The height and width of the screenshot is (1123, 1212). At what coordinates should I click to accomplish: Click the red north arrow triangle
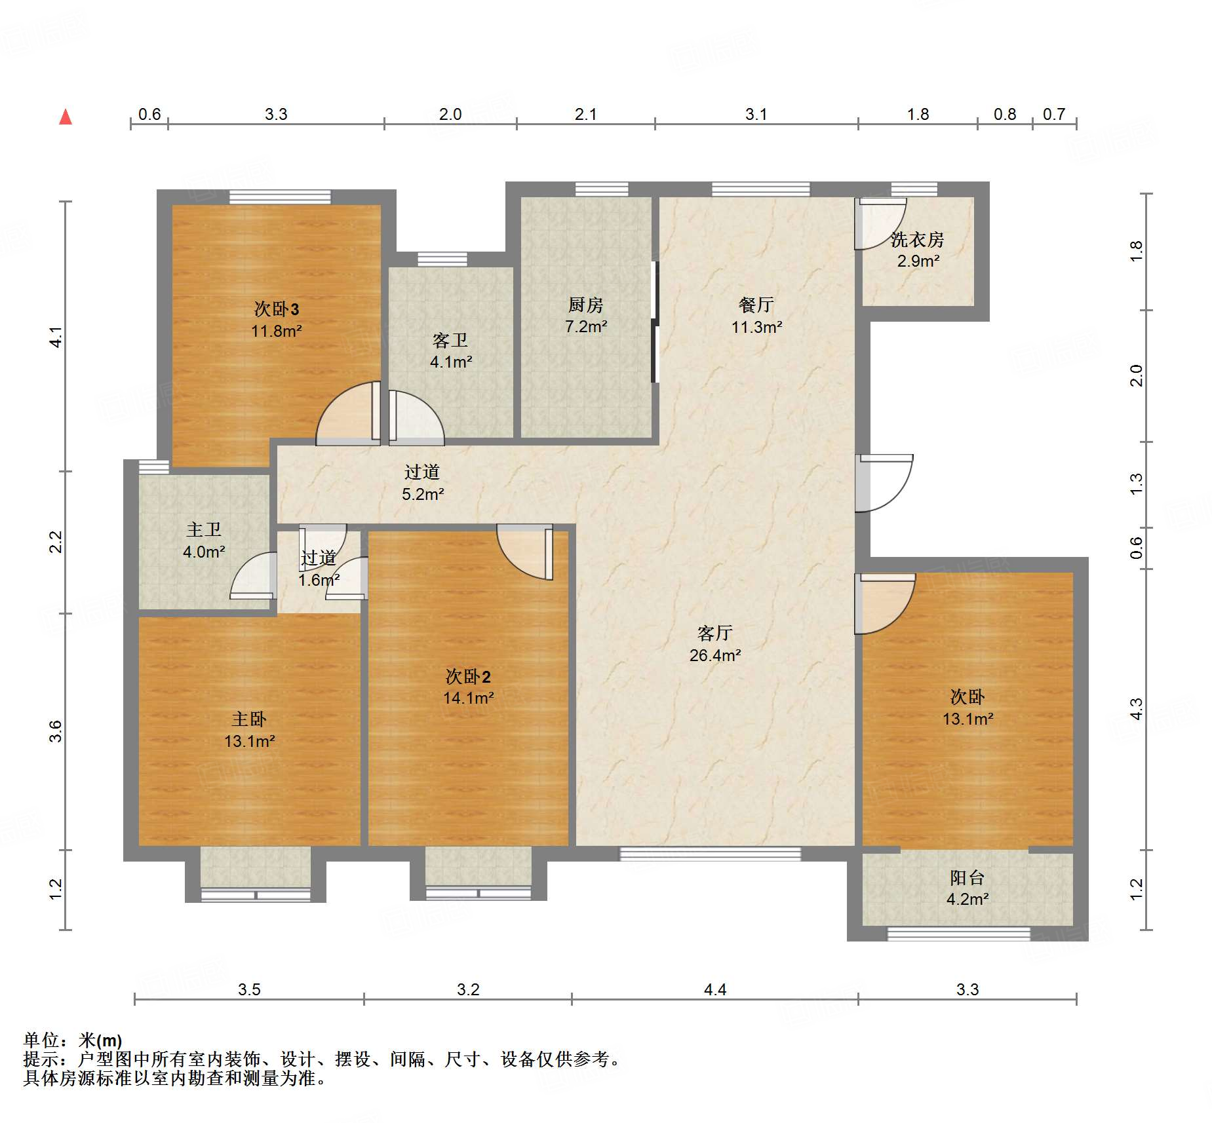[x=66, y=117]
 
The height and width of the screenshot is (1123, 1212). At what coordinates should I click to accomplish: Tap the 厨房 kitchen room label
[x=585, y=305]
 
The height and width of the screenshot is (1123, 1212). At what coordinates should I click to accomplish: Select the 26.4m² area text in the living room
[x=715, y=655]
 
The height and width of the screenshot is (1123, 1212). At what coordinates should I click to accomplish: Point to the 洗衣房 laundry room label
[x=917, y=240]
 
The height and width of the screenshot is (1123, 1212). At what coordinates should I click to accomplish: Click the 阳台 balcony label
[x=967, y=877]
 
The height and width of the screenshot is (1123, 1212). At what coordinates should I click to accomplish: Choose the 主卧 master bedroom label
[x=249, y=719]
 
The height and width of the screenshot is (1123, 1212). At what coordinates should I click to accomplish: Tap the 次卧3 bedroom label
[x=277, y=309]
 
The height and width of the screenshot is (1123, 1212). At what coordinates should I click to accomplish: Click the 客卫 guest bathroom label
[x=450, y=340]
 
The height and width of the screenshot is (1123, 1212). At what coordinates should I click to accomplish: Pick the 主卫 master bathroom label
[x=204, y=529]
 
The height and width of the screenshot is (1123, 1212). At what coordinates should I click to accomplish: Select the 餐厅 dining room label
[x=756, y=305]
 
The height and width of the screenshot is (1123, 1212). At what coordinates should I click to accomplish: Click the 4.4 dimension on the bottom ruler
[x=715, y=989]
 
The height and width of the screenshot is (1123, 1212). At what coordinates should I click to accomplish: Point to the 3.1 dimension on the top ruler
[x=756, y=115]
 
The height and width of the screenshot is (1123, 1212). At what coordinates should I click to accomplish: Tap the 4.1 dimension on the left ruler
[x=56, y=337]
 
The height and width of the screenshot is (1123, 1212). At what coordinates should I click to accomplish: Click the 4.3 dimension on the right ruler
[x=1136, y=710]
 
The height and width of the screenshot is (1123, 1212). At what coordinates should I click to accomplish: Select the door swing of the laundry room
[x=880, y=223]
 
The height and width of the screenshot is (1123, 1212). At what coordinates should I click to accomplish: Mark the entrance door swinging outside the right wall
[x=884, y=483]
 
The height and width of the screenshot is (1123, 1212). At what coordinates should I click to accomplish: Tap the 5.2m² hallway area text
[x=423, y=494]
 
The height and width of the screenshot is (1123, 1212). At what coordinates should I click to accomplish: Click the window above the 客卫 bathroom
[x=442, y=259]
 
